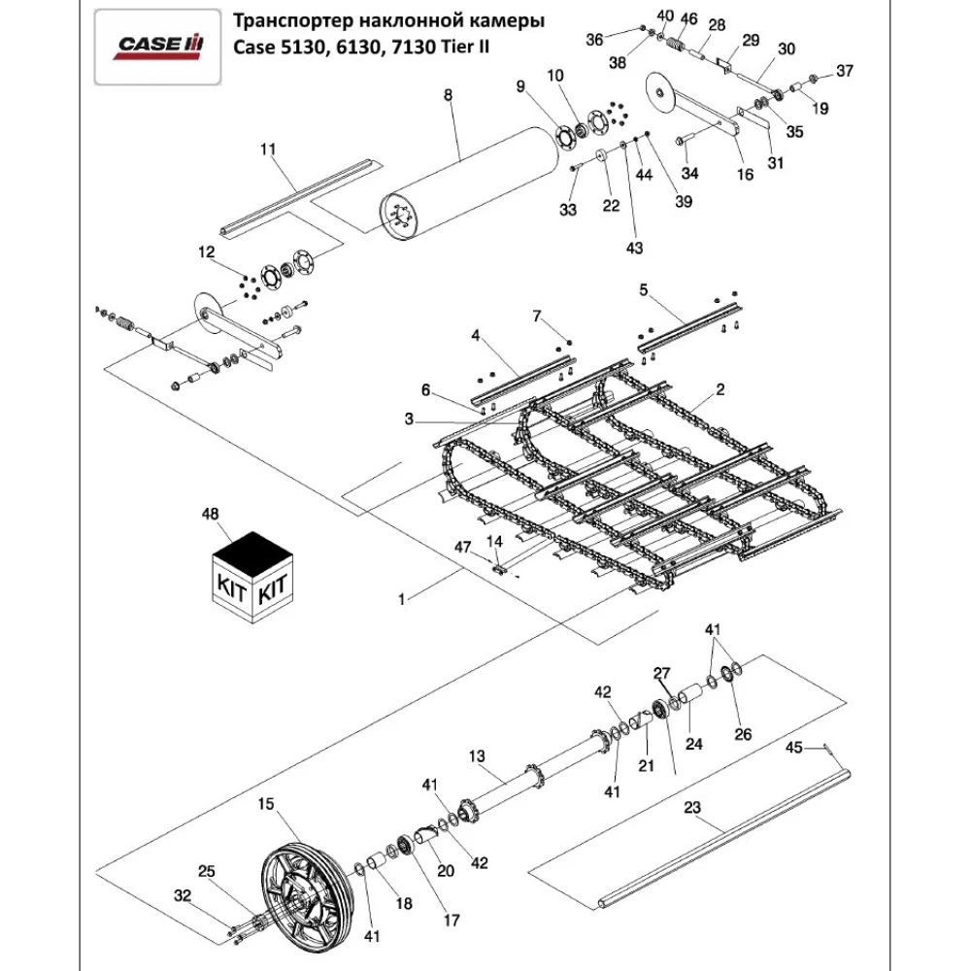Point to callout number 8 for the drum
(448, 95)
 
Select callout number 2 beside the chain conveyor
(720, 390)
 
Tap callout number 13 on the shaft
(476, 754)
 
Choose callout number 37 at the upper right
(844, 71)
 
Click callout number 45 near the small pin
(793, 749)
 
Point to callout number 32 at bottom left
(182, 894)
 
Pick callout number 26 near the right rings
(743, 733)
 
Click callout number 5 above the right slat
(642, 289)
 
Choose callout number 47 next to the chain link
(463, 549)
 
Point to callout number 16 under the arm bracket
(745, 175)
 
